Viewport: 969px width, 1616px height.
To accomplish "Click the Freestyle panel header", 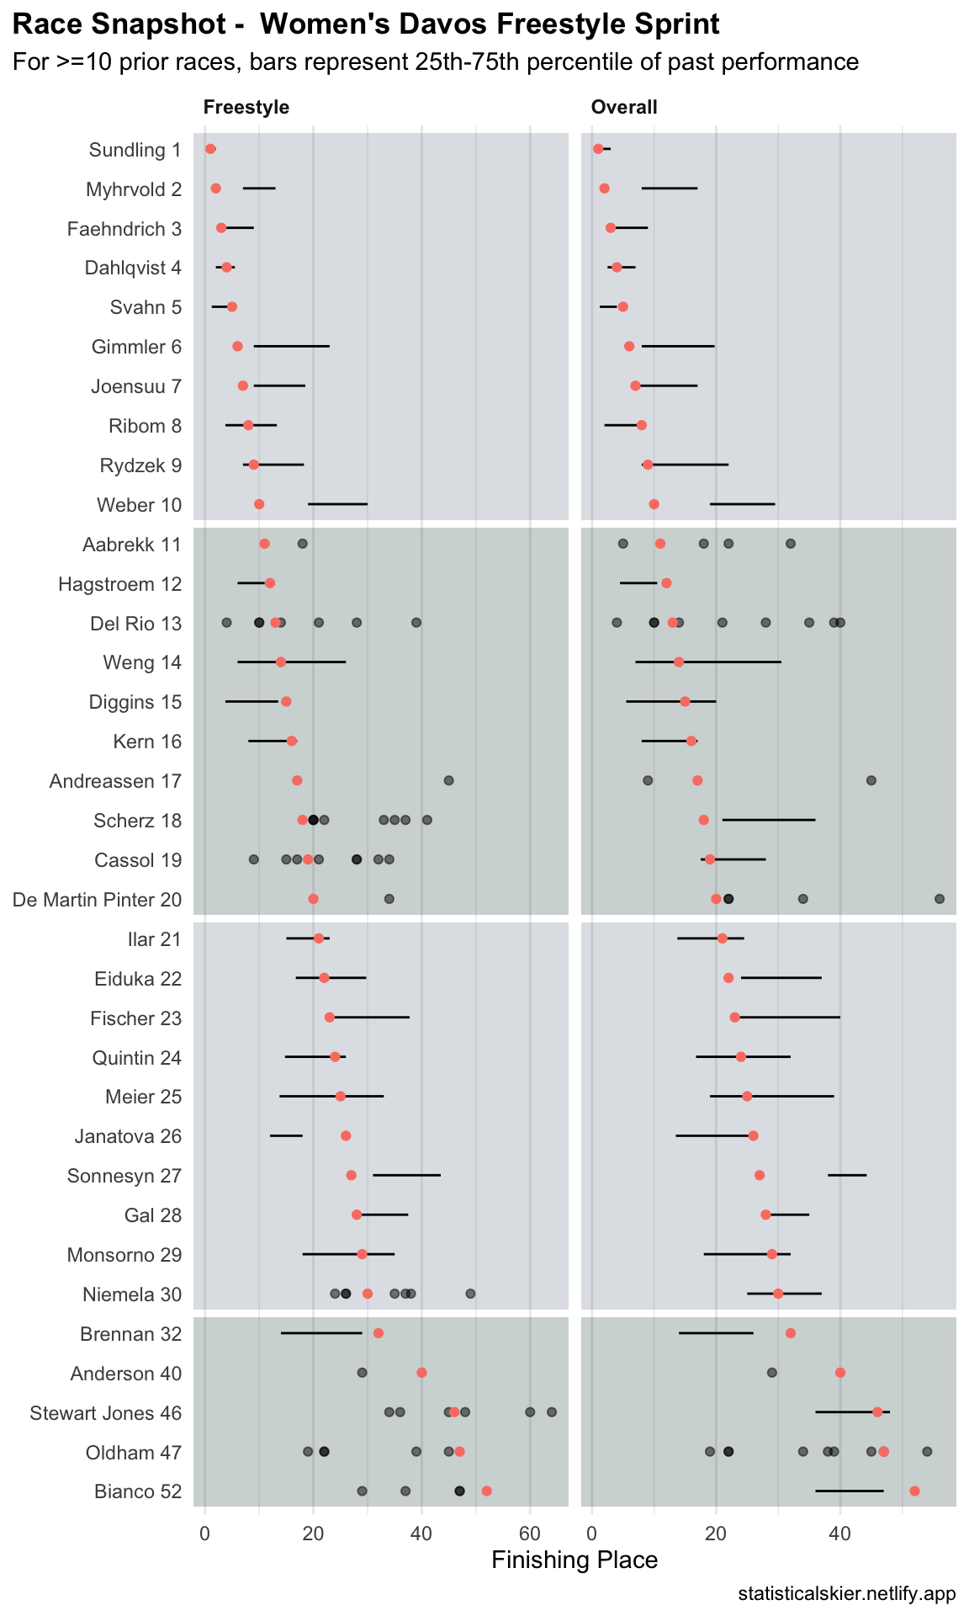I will pyautogui.click(x=246, y=107).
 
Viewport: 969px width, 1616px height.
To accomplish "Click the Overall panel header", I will pyautogui.click(x=624, y=107).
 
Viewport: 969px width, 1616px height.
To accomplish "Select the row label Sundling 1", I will pyautogui.click(x=135, y=150).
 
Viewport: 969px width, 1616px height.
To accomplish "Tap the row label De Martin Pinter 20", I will pyautogui.click(x=97, y=900).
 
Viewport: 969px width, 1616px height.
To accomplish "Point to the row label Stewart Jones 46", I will pyautogui.click(x=105, y=1413).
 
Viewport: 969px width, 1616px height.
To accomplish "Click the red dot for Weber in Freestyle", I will pyautogui.click(x=259, y=504).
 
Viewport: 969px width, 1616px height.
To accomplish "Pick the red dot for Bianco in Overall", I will pyautogui.click(x=914, y=1491).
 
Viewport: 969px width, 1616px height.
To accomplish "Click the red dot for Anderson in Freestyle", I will pyautogui.click(x=421, y=1373).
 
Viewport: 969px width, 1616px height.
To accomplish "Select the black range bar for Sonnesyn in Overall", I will pyautogui.click(x=846, y=1174).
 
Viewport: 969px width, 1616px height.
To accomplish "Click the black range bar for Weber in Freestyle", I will pyautogui.click(x=337, y=504).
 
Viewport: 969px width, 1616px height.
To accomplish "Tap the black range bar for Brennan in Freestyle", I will pyautogui.click(x=320, y=1333).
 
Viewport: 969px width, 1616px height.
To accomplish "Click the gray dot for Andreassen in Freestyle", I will pyautogui.click(x=448, y=781).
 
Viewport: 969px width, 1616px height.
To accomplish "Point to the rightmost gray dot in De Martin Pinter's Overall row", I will pyautogui.click(x=940, y=900).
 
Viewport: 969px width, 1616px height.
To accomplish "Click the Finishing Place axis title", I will pyautogui.click(x=575, y=1560).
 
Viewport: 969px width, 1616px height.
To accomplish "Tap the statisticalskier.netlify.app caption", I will pyautogui.click(x=846, y=1594).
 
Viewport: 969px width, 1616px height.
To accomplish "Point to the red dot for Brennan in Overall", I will pyautogui.click(x=791, y=1333).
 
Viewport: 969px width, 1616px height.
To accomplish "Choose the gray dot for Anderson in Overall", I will pyautogui.click(x=772, y=1373).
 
